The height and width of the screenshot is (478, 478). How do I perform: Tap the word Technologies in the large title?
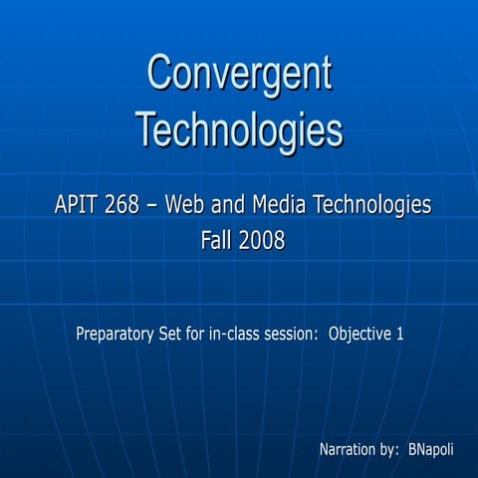coord(239,129)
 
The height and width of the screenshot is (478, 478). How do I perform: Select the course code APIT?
coord(78,206)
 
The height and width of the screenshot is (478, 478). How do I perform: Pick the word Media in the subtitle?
coord(279,206)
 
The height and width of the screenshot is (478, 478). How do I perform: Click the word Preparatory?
coord(118,334)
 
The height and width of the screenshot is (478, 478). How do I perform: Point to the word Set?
coord(176,334)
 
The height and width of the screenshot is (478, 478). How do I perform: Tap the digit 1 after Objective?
coord(399,334)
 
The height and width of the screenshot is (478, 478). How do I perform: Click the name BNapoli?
coord(431,450)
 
